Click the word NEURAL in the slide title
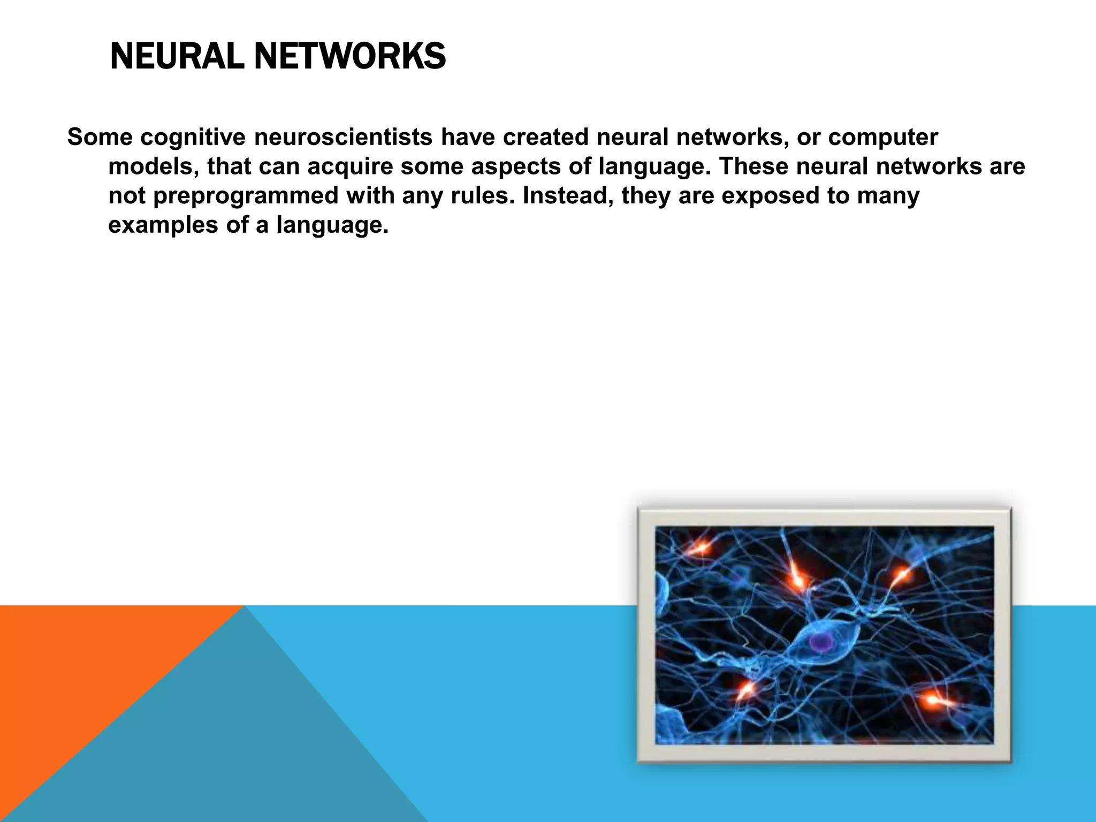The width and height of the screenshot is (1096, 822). (177, 56)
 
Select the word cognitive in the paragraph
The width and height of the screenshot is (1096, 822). (193, 137)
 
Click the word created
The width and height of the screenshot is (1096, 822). (545, 137)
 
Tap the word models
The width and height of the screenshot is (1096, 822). (153, 166)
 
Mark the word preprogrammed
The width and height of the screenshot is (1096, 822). (246, 196)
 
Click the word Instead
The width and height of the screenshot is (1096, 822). (568, 196)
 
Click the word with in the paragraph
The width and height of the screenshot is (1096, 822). (369, 195)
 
